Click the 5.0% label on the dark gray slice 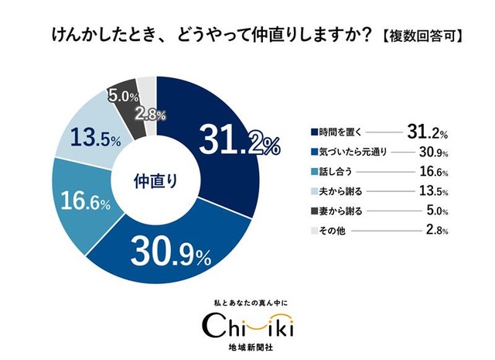123,98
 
